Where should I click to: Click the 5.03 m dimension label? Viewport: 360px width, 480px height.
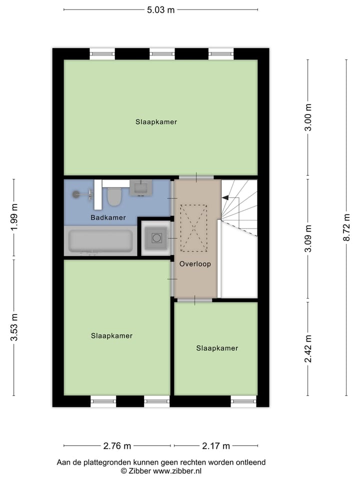pos(160,10)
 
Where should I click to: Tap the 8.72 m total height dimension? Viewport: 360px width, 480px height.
pos(345,227)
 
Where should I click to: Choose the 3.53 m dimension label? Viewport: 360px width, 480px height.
pos(14,327)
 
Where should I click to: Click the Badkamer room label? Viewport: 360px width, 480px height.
pos(108,218)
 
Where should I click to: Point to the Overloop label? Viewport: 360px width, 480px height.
pos(195,263)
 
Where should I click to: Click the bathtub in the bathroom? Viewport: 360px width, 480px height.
pos(100,241)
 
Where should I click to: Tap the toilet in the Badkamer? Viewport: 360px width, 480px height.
pos(114,196)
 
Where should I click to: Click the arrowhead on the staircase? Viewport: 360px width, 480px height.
pos(225,198)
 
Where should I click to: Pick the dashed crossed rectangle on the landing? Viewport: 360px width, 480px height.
pos(194,228)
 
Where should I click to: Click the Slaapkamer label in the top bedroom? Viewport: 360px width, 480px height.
pos(156,121)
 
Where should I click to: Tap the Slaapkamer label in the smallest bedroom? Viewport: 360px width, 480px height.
pos(217,348)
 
